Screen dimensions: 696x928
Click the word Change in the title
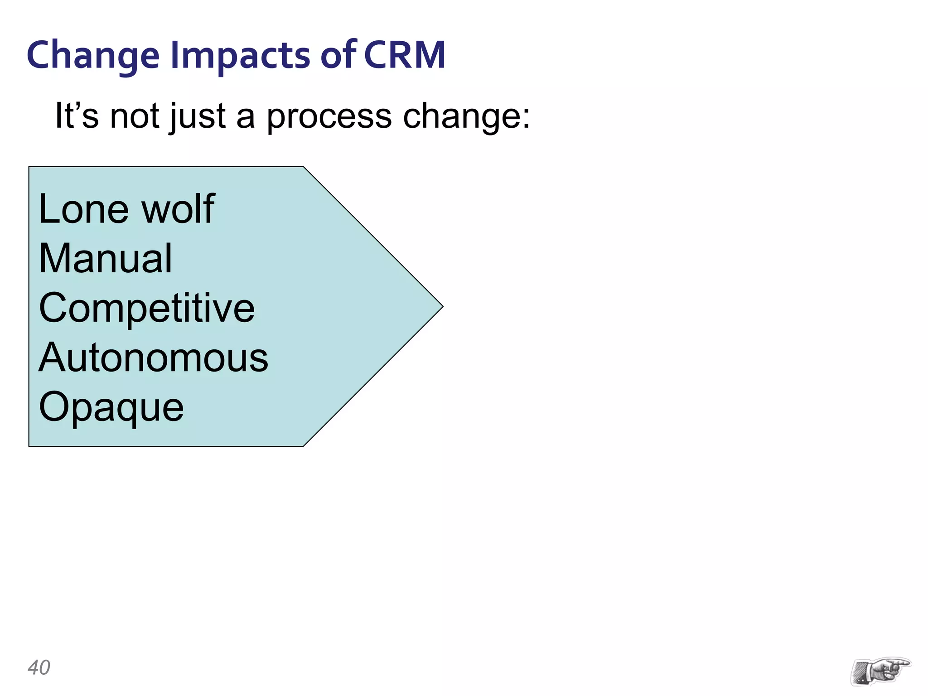click(x=93, y=55)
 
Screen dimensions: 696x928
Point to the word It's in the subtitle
click(x=77, y=116)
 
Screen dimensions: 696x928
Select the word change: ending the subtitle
click(x=466, y=116)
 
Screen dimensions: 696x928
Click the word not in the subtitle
click(x=135, y=116)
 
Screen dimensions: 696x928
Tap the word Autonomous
click(x=153, y=358)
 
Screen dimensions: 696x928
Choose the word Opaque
click(x=111, y=408)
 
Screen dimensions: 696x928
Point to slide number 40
click(x=39, y=667)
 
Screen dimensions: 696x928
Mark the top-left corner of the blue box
click(x=29, y=167)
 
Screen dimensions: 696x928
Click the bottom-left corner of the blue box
click(x=29, y=446)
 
